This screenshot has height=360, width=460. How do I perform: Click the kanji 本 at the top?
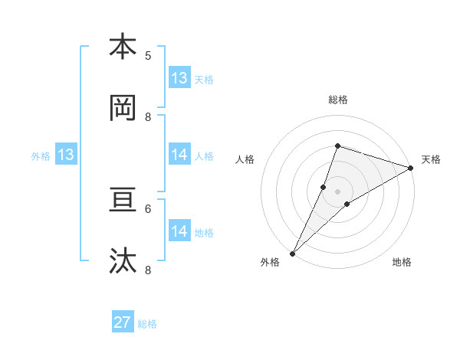pyautogui.click(x=123, y=47)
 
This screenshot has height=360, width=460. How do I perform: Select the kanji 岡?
pyautogui.click(x=123, y=108)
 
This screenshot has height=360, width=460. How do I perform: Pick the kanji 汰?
pyautogui.click(x=123, y=261)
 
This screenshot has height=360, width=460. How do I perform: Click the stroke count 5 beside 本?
pyautogui.click(x=148, y=55)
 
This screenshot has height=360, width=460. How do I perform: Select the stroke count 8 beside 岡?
pyautogui.click(x=148, y=116)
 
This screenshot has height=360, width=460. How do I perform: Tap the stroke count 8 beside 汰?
pyautogui.click(x=148, y=270)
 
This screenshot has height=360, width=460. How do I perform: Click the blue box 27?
pyautogui.click(x=123, y=322)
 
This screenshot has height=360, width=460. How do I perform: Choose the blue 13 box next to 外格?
pyautogui.click(x=66, y=155)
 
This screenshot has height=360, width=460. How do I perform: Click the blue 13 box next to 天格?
pyautogui.click(x=179, y=78)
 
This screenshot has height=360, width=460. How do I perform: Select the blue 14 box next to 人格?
pyautogui.click(x=179, y=155)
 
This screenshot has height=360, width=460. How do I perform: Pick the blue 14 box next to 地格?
pyautogui.click(x=179, y=231)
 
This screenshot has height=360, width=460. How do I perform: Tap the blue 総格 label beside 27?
pyautogui.click(x=147, y=324)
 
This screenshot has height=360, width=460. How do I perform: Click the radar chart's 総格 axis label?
pyautogui.click(x=338, y=100)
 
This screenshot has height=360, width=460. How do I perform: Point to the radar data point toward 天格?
pyautogui.click(x=411, y=168)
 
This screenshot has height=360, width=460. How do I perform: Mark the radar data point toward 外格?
pyautogui.click(x=292, y=254)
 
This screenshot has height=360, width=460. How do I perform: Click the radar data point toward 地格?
pyautogui.click(x=347, y=204)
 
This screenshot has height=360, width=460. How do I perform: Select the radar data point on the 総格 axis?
pyautogui.click(x=337, y=146)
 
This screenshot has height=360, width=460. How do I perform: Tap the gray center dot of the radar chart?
pyautogui.click(x=338, y=191)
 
